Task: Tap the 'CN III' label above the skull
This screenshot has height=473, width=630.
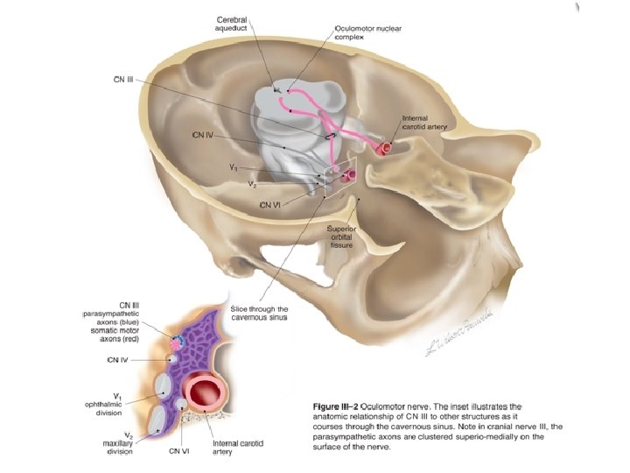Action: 123,80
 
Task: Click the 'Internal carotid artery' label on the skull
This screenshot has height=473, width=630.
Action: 425,123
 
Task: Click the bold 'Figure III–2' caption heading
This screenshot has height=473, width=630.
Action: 337,408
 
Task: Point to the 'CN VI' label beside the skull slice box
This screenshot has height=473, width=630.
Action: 269,206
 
